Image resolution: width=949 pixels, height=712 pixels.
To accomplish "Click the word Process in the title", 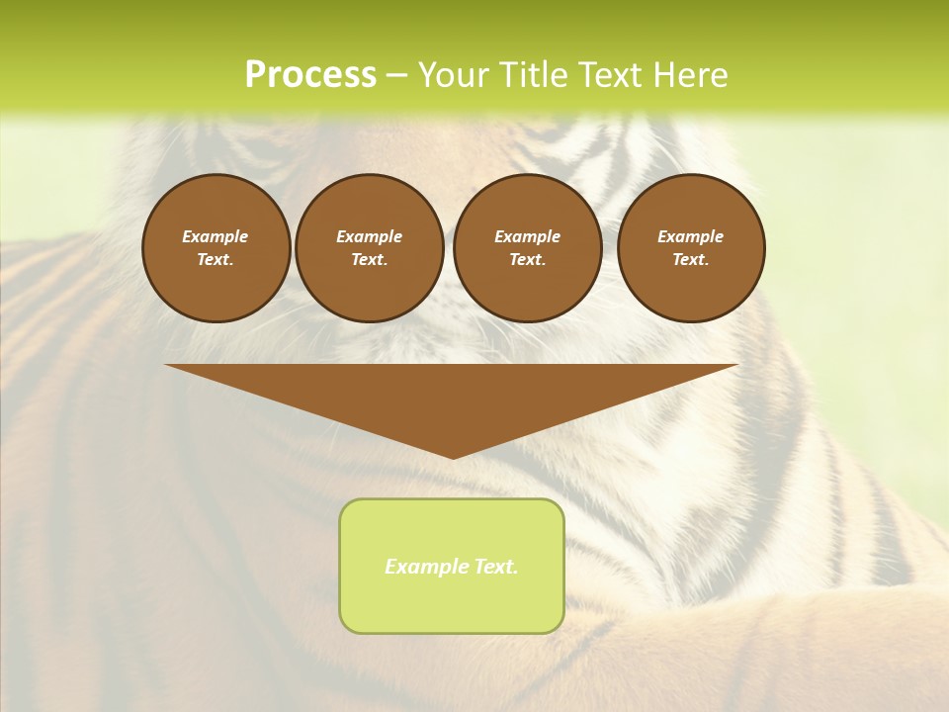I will coord(310,75).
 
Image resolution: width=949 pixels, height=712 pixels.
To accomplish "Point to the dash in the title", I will coord(396,76).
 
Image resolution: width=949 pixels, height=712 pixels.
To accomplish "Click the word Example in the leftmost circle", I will coord(216,236).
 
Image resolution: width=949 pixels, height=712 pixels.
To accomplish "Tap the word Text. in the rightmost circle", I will coord(691,259).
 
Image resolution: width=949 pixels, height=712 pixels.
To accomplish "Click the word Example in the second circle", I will coord(370,236).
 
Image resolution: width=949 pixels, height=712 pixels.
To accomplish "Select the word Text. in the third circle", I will coord(528,259).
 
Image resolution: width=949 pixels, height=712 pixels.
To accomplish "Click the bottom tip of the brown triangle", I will coord(453,456).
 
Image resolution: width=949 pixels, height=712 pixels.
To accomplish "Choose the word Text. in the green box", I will coord(495,567).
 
